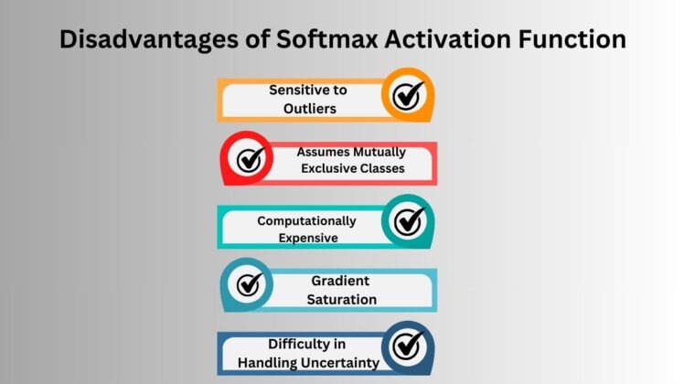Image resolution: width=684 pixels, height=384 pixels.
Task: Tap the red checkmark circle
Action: tap(248, 159)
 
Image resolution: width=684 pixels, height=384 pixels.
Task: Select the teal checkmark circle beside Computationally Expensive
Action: tap(408, 221)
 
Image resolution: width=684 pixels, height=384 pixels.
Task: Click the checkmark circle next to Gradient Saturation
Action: tap(248, 285)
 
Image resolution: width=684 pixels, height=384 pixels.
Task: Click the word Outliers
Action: tap(309, 108)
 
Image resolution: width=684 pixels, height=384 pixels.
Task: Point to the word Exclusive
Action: tap(330, 168)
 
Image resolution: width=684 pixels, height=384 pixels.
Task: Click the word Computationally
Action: tap(306, 221)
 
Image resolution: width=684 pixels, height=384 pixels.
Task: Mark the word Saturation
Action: tap(342, 299)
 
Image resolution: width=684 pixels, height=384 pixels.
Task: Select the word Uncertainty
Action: tap(334, 363)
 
